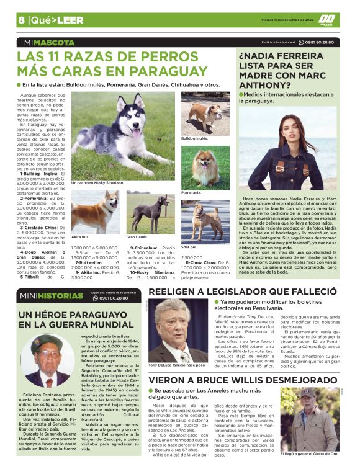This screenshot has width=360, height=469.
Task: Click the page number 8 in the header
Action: click(21, 20)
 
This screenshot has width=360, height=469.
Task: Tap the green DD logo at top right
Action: click(328, 20)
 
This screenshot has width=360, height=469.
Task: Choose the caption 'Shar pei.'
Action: click(189, 246)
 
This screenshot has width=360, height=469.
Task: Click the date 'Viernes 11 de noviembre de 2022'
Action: click(284, 20)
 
